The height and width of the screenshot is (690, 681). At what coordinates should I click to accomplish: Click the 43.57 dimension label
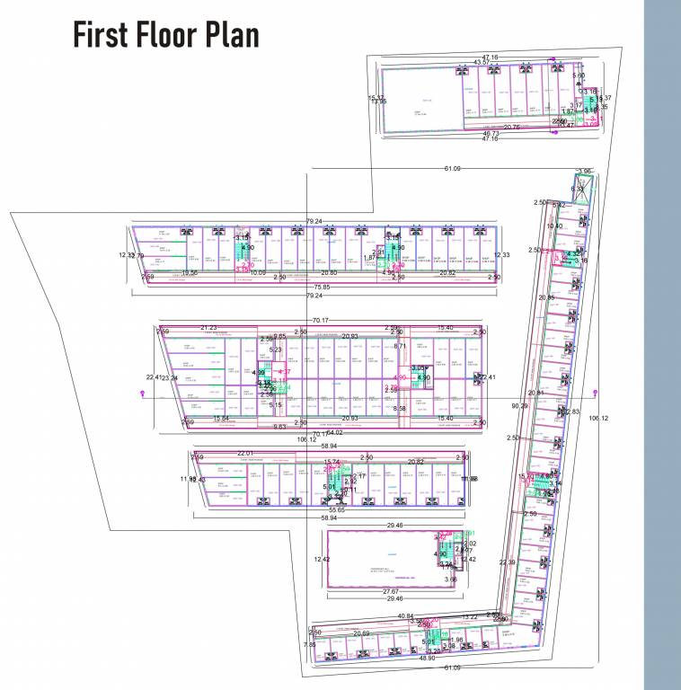coord(482,63)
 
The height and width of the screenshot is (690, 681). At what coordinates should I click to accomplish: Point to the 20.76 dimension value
coord(511,128)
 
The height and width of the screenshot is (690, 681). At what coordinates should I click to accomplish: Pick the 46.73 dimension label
coord(490,133)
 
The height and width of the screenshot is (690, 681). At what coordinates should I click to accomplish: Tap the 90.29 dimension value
coord(519,406)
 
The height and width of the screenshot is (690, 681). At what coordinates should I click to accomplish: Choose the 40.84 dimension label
coord(405,615)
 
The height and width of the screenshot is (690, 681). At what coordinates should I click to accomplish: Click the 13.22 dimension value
coord(469,616)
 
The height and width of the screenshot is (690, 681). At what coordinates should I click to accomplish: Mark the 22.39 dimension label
coord(508,562)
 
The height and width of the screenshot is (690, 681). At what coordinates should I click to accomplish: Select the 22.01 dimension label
coord(246,453)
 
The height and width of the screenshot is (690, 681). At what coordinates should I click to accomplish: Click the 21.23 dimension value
coord(208,328)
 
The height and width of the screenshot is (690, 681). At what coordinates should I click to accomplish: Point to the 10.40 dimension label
coord(554,226)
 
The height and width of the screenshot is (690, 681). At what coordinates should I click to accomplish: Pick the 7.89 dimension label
coord(309,644)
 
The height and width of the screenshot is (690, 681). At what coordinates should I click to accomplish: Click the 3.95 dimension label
coord(585,172)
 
